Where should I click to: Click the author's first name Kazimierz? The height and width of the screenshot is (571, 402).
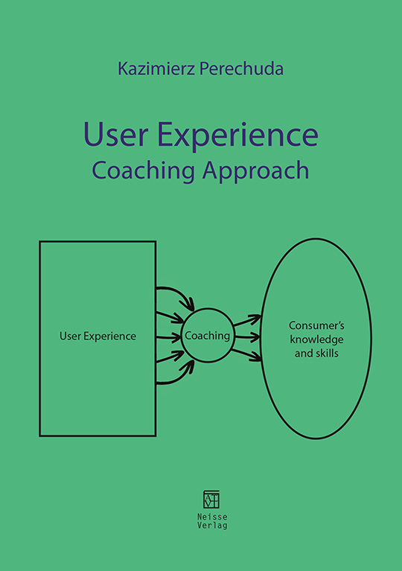(156, 68)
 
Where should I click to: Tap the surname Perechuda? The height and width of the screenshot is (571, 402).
(242, 68)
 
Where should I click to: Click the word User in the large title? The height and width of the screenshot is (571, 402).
(116, 134)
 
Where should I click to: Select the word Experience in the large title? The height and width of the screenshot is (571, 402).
(238, 135)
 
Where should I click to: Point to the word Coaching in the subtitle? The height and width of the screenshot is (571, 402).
(144, 170)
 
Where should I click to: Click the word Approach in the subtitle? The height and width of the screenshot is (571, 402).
(256, 171)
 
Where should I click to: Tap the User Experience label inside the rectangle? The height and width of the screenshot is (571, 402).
(98, 336)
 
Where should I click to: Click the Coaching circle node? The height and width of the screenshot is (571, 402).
(208, 308)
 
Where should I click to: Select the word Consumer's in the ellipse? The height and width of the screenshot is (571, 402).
(316, 325)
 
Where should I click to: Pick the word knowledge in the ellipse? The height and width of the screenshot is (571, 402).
(317, 339)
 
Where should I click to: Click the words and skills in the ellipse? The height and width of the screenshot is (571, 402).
(316, 353)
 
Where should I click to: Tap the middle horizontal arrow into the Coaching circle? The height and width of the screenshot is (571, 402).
(168, 337)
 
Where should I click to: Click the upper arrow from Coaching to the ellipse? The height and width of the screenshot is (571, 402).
(247, 320)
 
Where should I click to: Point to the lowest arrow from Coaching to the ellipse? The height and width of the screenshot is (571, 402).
(246, 354)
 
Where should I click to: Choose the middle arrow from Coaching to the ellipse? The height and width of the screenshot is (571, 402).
(248, 337)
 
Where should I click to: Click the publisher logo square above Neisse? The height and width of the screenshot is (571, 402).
(211, 500)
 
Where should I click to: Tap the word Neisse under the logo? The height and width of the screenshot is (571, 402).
(212, 517)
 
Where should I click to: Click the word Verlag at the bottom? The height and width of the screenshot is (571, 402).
(212, 525)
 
